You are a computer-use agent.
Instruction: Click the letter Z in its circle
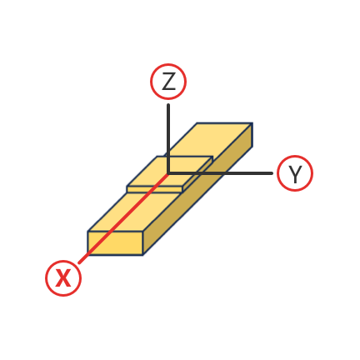tap(168, 82)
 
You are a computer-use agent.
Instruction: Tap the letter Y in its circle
tap(295, 174)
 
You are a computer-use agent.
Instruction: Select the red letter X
tap(63, 278)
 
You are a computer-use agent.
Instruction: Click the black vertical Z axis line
tap(168, 138)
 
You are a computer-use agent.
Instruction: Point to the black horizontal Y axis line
tap(220, 173)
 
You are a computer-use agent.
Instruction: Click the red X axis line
tap(123, 218)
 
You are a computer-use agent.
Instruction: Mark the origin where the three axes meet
tap(168, 173)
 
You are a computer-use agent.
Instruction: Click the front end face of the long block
tap(116, 243)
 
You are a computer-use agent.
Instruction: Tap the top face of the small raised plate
tap(170, 172)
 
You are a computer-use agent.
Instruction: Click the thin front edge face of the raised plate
tap(155, 189)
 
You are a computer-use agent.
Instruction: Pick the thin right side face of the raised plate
tap(197, 174)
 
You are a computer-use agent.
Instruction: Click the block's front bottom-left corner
tap(88, 255)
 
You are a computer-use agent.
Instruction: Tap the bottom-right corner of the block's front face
tap(143, 255)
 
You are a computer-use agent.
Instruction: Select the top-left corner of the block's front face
tap(88, 232)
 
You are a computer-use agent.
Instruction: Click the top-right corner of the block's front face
tap(143, 232)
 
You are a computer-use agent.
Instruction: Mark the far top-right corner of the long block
tap(252, 123)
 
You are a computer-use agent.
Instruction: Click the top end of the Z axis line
tap(168, 105)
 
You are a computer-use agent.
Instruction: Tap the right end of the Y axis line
tap(272, 173)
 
